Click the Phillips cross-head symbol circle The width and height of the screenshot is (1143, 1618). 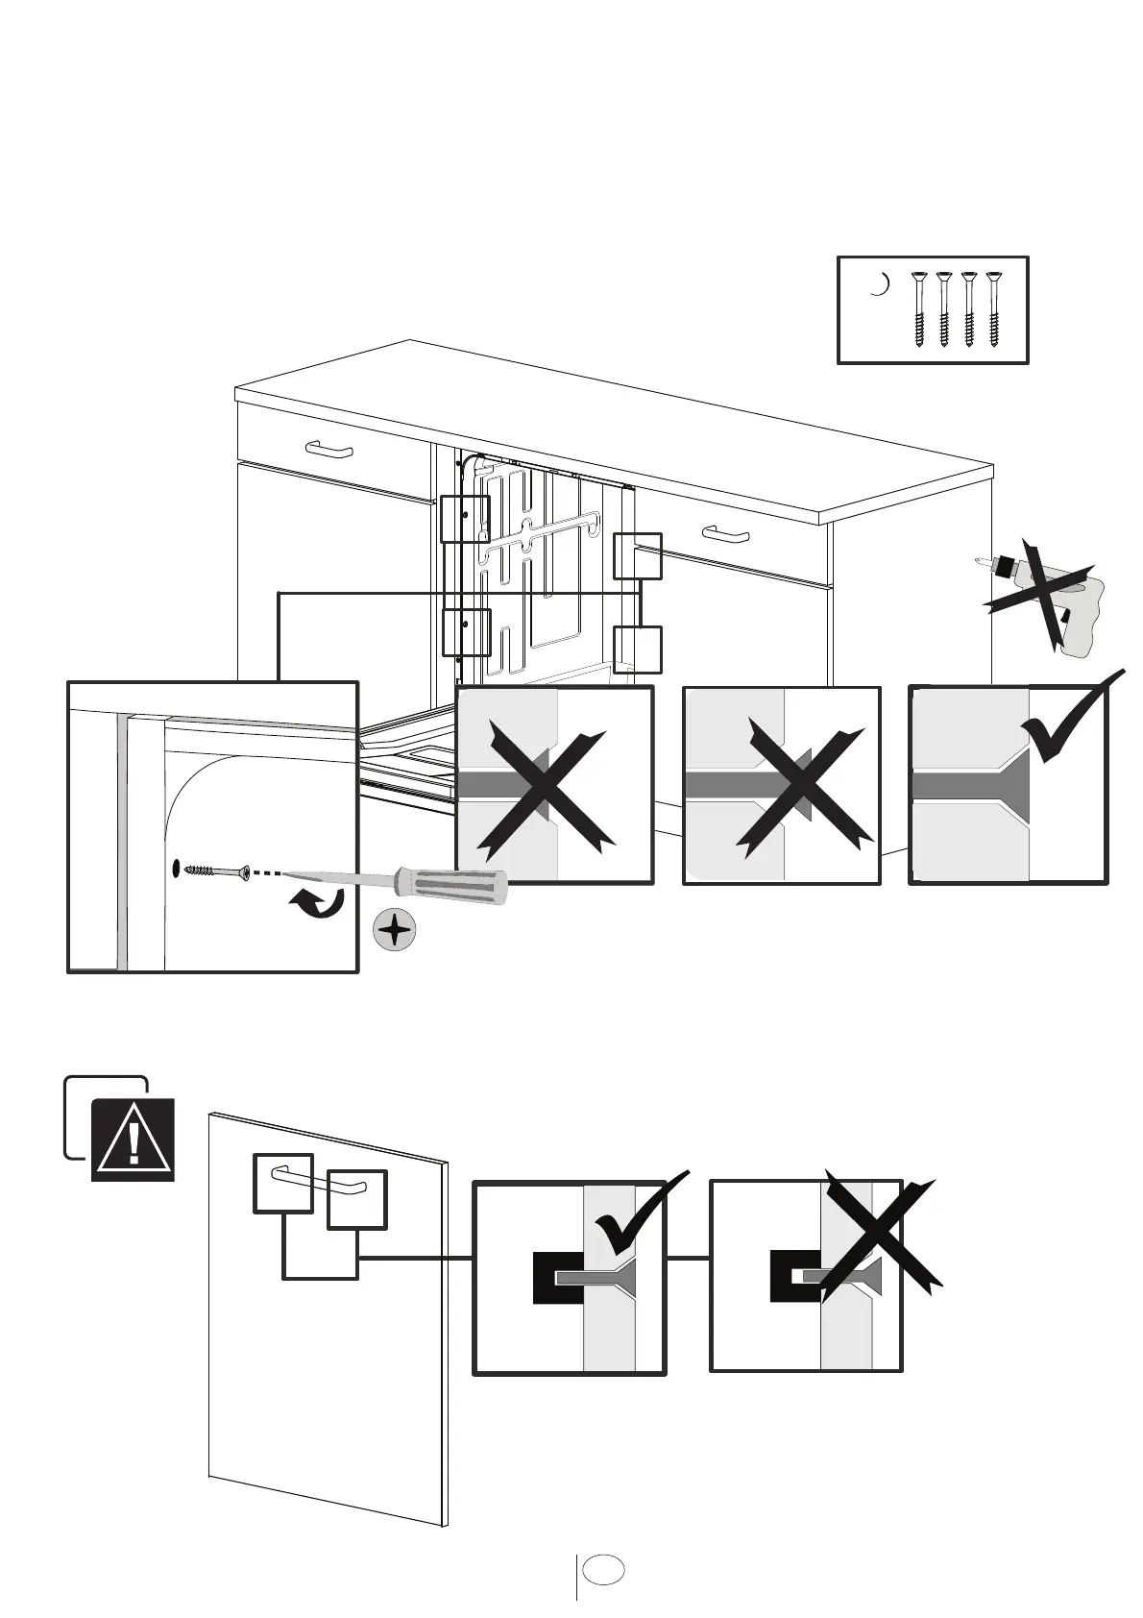395,930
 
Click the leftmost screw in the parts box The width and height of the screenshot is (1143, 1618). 918,310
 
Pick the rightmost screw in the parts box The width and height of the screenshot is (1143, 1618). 993,310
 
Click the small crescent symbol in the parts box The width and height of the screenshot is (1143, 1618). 878,284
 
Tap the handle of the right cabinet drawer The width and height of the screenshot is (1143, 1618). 725,532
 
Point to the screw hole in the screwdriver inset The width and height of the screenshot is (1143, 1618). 177,869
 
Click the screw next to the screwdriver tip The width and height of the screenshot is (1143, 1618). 216,870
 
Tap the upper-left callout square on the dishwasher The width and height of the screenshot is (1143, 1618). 465,519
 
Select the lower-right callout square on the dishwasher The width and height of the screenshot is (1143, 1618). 637,650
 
